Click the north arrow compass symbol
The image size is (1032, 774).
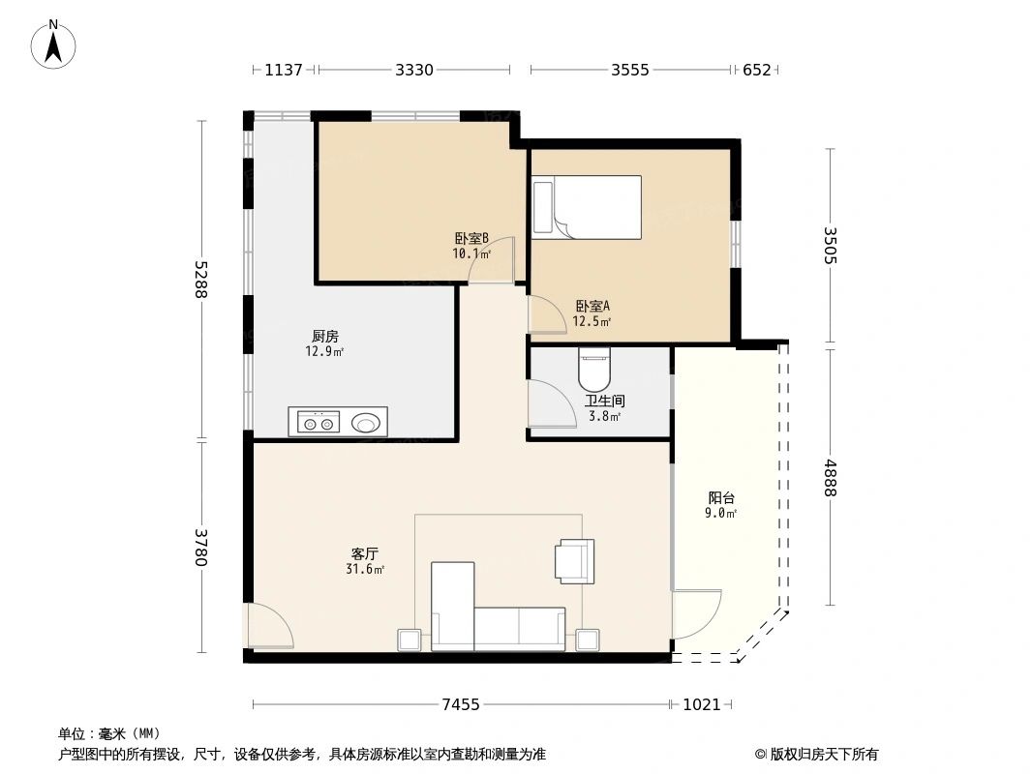[54, 45]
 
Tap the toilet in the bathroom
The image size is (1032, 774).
[595, 369]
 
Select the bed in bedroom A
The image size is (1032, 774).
[587, 207]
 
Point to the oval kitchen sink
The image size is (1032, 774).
[364, 422]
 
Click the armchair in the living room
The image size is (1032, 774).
[575, 561]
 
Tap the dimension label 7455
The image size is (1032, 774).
[461, 705]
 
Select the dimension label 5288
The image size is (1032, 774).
[200, 280]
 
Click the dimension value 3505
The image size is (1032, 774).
[830, 246]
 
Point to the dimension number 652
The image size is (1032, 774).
[756, 70]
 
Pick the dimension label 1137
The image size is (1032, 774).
[284, 70]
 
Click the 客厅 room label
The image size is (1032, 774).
[365, 553]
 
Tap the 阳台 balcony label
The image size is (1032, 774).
[721, 498]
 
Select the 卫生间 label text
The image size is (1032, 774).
[605, 401]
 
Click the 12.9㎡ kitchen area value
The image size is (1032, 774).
[324, 351]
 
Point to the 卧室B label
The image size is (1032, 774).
[471, 238]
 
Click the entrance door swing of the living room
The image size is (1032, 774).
[269, 625]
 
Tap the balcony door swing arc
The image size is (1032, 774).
[697, 614]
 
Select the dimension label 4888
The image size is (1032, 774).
[830, 477]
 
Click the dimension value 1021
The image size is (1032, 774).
[702, 705]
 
